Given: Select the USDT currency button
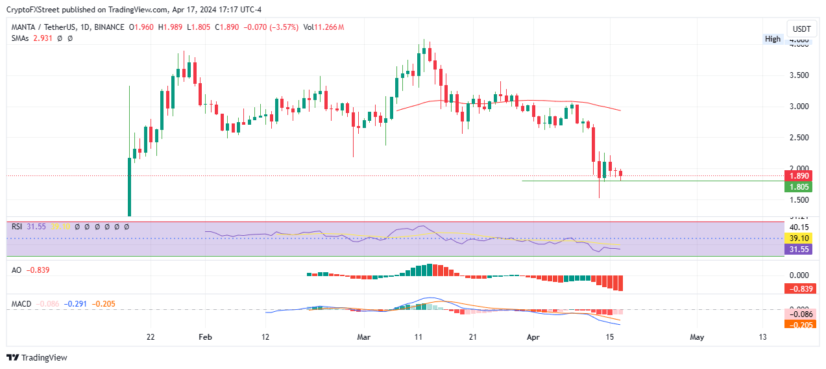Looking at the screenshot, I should pos(802,29).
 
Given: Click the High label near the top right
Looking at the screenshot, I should pos(773,39).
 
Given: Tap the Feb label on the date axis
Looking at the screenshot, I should pos(205,338).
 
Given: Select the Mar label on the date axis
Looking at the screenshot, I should pos(364,338).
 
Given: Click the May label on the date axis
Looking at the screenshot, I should pos(697,338).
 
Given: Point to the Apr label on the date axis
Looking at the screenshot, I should pos(533,338).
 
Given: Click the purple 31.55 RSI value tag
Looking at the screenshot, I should pos(797,249).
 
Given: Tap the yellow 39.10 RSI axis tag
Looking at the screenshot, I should pos(797,238).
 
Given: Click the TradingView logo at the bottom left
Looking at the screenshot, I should pos(37,357).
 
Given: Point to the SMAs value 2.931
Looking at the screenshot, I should pos(42,38).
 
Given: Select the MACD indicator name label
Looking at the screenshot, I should pos(21,303).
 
